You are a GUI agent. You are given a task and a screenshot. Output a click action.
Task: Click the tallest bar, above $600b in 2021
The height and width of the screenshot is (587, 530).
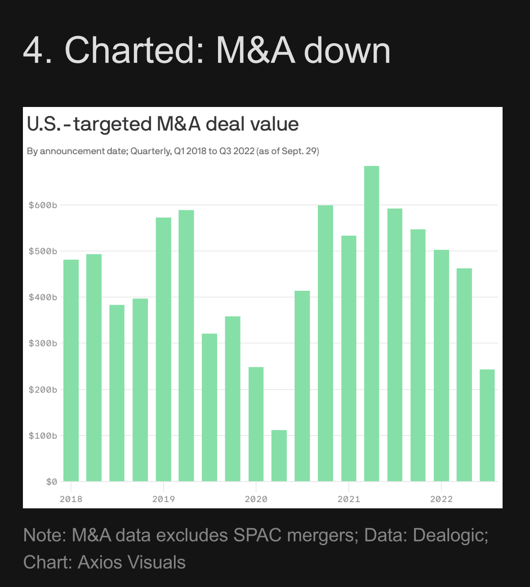(x=371, y=324)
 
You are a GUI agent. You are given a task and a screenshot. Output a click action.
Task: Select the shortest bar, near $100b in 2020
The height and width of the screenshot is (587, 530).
(x=279, y=456)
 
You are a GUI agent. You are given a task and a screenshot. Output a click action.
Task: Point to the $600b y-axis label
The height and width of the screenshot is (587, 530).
(x=43, y=205)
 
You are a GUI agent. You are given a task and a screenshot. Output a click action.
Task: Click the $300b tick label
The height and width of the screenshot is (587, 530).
(x=43, y=343)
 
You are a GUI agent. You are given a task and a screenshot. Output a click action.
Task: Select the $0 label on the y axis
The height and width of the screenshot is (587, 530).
(x=52, y=482)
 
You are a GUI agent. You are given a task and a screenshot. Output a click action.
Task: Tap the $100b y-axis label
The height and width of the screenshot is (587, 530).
(x=43, y=436)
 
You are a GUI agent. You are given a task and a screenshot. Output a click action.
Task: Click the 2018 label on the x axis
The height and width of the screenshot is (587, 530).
(x=71, y=499)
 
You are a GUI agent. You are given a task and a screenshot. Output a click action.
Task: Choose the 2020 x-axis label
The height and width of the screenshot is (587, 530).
(x=256, y=499)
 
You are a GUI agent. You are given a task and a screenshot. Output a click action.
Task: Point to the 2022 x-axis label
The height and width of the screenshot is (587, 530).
(x=441, y=499)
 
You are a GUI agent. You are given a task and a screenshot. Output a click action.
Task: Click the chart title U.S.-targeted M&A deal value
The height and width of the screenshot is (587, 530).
(x=163, y=124)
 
